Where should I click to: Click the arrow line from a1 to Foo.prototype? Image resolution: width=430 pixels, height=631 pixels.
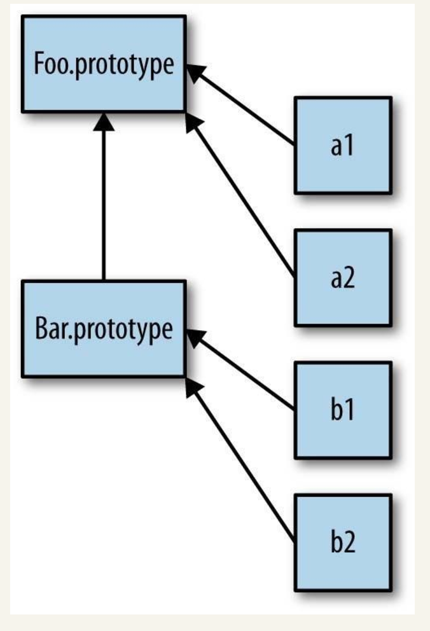(x=248, y=109)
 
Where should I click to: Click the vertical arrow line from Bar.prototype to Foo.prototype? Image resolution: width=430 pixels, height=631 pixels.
(x=103, y=204)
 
